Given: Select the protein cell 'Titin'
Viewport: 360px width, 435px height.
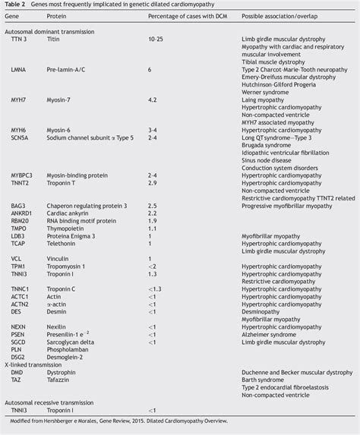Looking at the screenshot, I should (55, 38).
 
